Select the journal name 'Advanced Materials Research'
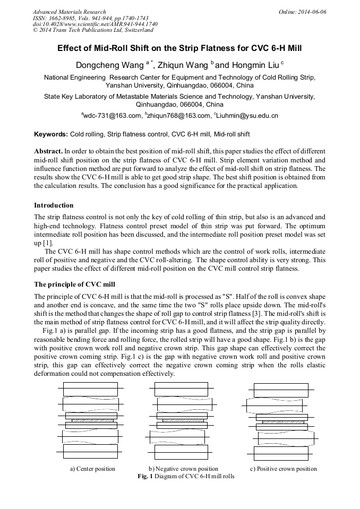coord(69,12)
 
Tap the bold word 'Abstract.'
coord(48,151)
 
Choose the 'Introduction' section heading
coord(54,205)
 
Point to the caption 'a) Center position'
coord(92,469)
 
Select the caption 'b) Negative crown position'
coord(183,469)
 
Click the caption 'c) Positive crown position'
coord(284,469)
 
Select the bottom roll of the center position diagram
coord(90,451)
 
